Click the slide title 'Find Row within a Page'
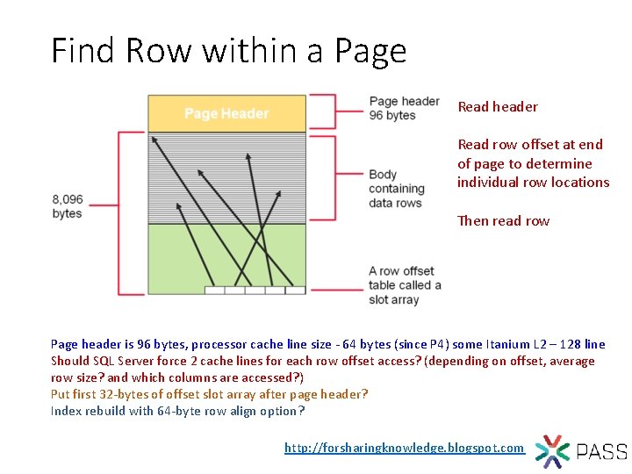228,51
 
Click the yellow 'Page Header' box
226,113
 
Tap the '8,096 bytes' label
68,206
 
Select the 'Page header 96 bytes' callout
404,108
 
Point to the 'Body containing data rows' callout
396,189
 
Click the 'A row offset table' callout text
404,285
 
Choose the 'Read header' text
498,106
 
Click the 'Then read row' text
503,220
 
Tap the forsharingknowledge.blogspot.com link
404,448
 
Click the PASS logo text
601,452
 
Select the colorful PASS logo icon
552,451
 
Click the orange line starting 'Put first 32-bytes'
209,394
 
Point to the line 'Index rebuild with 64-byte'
177,411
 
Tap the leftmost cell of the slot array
214,290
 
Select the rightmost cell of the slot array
295,290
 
